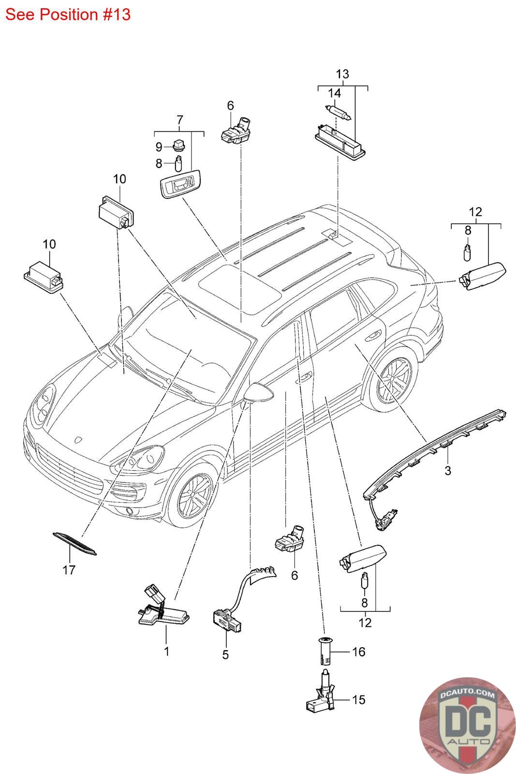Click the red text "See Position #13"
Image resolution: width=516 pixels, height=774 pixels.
point(68,15)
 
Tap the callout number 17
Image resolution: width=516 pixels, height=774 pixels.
point(69,570)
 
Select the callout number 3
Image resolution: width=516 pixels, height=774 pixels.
point(448,470)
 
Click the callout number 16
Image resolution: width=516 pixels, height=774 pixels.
point(358,652)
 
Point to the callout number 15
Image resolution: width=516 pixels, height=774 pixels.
point(358,700)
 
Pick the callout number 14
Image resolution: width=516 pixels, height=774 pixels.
point(334,93)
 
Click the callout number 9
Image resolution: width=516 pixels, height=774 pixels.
point(159,147)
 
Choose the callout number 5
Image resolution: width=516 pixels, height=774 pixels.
point(225,655)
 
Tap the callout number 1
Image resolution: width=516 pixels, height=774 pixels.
point(166,651)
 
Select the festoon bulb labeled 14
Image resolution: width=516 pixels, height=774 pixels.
point(339,112)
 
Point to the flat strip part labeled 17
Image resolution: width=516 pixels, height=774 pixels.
point(74,544)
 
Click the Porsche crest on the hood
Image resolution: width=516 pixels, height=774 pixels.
point(78,440)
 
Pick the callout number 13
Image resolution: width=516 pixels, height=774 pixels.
point(342,74)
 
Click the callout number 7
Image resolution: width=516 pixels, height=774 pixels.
point(179,120)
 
